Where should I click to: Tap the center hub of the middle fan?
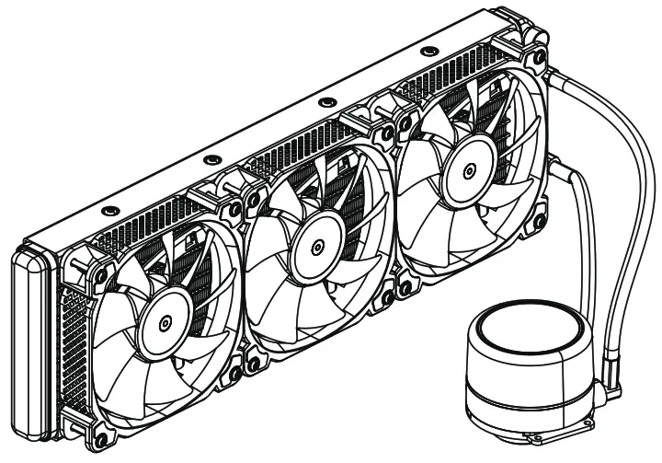tap(314, 247)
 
